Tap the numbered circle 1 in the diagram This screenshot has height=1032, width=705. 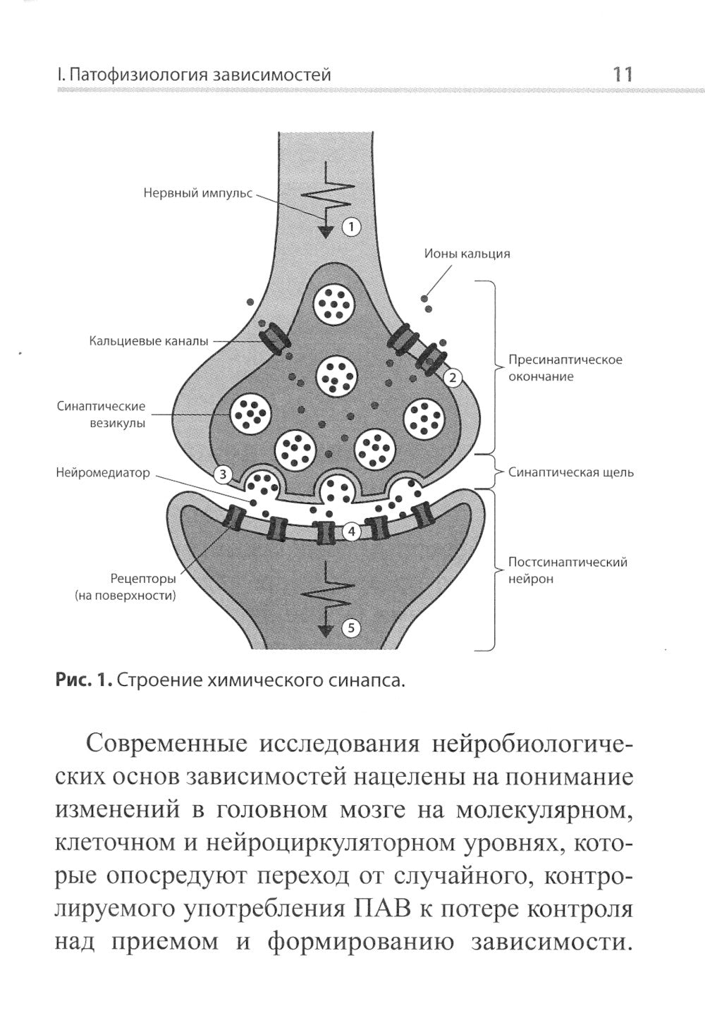point(351,227)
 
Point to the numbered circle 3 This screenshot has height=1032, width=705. point(223,474)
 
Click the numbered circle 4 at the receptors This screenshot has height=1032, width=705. point(352,532)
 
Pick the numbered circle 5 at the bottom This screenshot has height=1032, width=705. point(352,627)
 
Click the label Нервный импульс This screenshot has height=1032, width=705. point(197,192)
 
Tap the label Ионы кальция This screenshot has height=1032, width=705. point(467,254)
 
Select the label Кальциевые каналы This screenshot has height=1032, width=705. point(149,341)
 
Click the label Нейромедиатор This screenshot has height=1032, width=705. point(103,472)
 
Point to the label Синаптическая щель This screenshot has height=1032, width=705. point(571,472)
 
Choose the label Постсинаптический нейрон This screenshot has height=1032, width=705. point(568,570)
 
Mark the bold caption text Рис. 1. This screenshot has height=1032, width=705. point(82,680)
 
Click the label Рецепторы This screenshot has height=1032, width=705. point(142,579)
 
